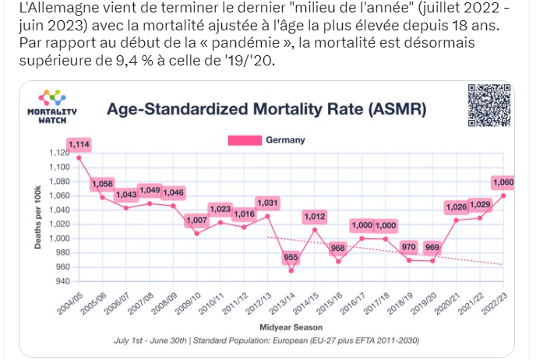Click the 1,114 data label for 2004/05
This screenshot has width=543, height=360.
point(79,144)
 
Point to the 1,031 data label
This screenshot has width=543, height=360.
point(267,203)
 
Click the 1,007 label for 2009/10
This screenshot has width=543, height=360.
point(196,220)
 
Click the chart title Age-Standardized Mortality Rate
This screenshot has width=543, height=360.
point(266,109)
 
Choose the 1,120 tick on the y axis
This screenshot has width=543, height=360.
point(59,152)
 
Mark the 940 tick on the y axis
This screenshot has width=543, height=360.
point(61,281)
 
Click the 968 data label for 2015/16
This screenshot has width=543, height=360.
point(338,249)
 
